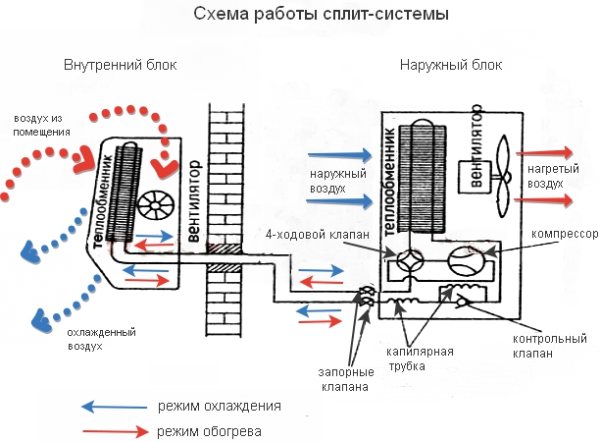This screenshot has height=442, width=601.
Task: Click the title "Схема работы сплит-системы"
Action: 300,16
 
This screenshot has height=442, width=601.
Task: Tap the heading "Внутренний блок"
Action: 120,66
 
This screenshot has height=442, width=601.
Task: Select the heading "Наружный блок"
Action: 451,66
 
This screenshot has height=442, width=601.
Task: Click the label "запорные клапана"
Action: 343,381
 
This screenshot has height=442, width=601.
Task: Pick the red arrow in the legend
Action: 110,430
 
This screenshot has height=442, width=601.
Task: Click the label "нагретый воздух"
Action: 544,176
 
